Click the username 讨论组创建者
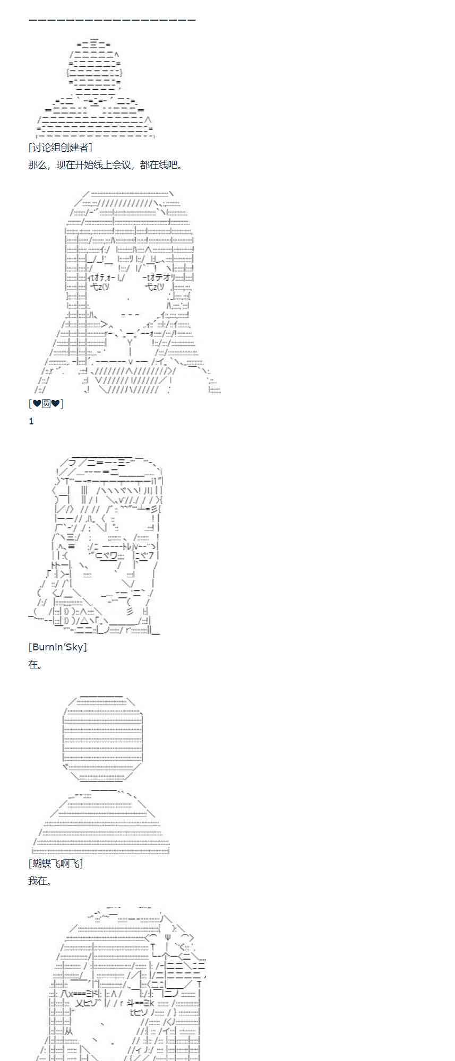(60, 147)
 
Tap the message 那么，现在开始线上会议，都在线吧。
(106, 165)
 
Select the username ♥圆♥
(46, 404)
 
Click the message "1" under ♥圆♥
(31, 421)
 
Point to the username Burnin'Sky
(57, 647)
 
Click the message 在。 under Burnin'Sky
(35, 664)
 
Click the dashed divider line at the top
(112, 20)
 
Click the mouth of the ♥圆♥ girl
(130, 315)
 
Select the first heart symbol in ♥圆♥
(37, 404)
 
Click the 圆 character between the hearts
(46, 404)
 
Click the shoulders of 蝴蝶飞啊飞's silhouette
(101, 828)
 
